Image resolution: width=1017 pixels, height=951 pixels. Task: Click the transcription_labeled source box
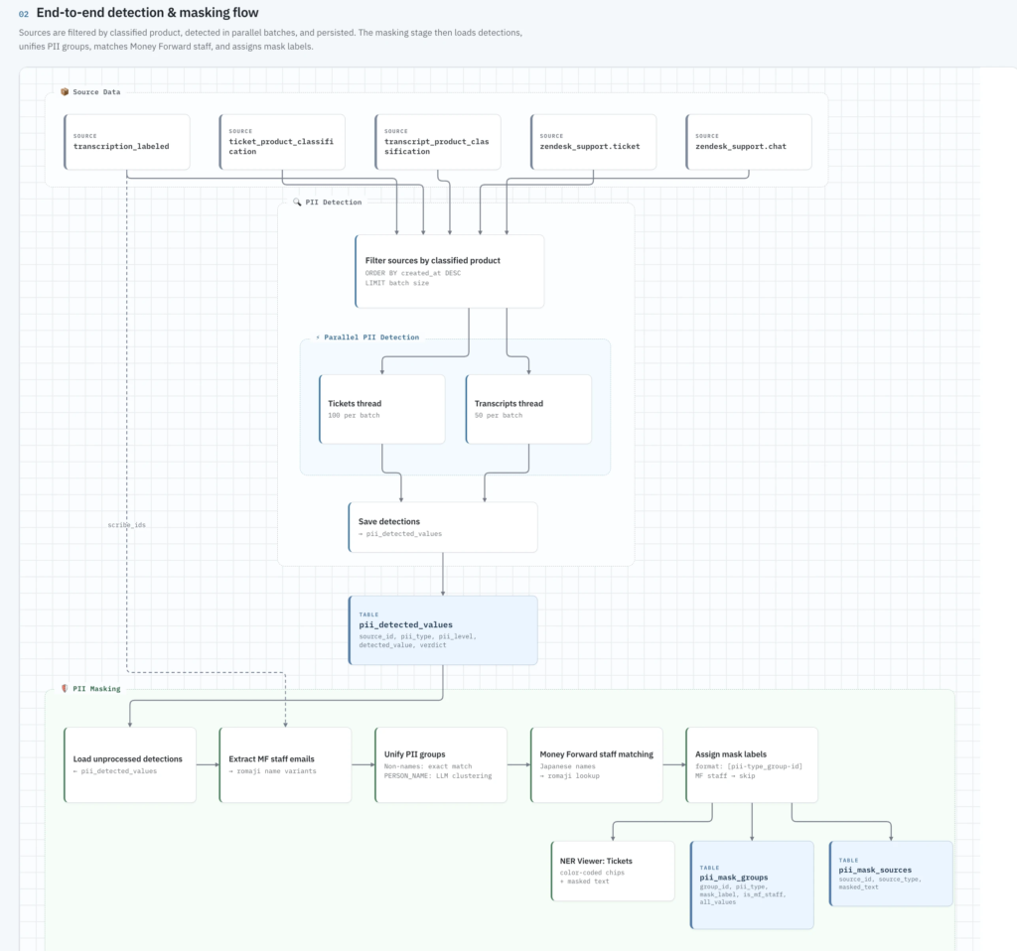(127, 142)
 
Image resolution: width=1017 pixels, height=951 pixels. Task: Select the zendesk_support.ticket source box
(594, 142)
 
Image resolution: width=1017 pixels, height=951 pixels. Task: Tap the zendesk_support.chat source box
(749, 142)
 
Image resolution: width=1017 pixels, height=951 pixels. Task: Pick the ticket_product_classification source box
(282, 142)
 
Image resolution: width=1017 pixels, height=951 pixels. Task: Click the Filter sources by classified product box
(450, 271)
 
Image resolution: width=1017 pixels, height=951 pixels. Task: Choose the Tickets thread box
(382, 409)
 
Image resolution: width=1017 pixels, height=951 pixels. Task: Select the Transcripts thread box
(528, 409)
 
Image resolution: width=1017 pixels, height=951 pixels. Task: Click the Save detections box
(443, 527)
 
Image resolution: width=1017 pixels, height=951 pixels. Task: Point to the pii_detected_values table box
(443, 630)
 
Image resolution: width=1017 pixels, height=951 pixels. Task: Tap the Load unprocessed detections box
(130, 765)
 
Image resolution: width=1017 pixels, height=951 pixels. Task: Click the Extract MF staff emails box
(285, 765)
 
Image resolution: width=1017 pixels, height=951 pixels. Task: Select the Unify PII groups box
(441, 765)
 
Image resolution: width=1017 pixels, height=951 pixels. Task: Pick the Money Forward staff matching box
(597, 765)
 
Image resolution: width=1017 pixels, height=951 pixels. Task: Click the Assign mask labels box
(752, 765)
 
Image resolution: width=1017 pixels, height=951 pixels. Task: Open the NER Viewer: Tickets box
(613, 872)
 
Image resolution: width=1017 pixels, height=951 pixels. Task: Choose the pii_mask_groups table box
(753, 884)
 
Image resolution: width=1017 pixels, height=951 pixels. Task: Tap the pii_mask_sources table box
(891, 874)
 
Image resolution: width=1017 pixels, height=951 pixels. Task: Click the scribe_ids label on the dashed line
(126, 525)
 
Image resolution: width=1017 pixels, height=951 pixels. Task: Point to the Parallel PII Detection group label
(371, 338)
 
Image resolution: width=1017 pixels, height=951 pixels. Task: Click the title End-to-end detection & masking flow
(147, 13)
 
